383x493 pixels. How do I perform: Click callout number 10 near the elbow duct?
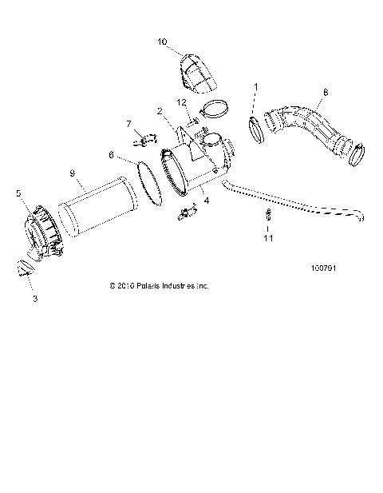click(x=163, y=41)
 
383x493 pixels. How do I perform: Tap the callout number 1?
click(x=256, y=85)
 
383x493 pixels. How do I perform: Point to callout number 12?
click(x=182, y=101)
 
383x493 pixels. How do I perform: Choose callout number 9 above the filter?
click(x=73, y=173)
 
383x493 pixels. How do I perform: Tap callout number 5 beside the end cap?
click(x=18, y=193)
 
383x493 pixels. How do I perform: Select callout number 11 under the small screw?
click(x=269, y=237)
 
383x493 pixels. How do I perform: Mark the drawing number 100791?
click(x=324, y=268)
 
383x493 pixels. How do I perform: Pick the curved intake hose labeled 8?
click(x=307, y=128)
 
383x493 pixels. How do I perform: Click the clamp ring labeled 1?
click(x=256, y=129)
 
